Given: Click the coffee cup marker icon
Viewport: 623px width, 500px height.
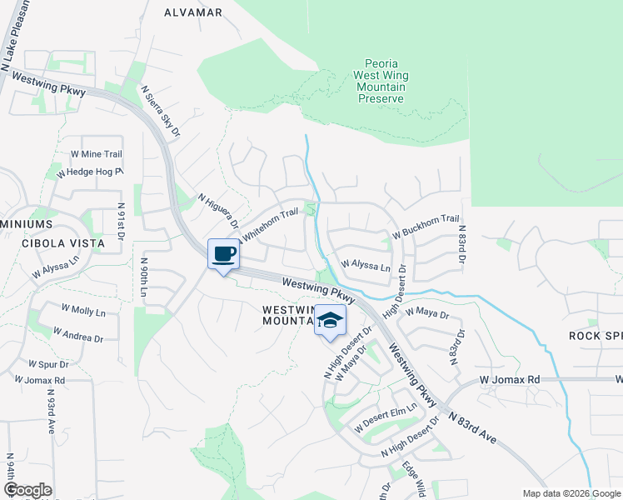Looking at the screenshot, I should click(223, 254).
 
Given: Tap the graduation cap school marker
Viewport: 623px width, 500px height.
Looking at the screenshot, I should click(330, 321).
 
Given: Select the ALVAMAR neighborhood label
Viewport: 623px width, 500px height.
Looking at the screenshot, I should click(193, 12).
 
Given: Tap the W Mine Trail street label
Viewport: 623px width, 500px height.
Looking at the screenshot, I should click(96, 154).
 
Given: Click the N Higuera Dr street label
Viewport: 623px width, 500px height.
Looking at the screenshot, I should click(218, 212).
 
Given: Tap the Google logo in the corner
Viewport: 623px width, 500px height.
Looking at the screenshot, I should click(27, 489).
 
